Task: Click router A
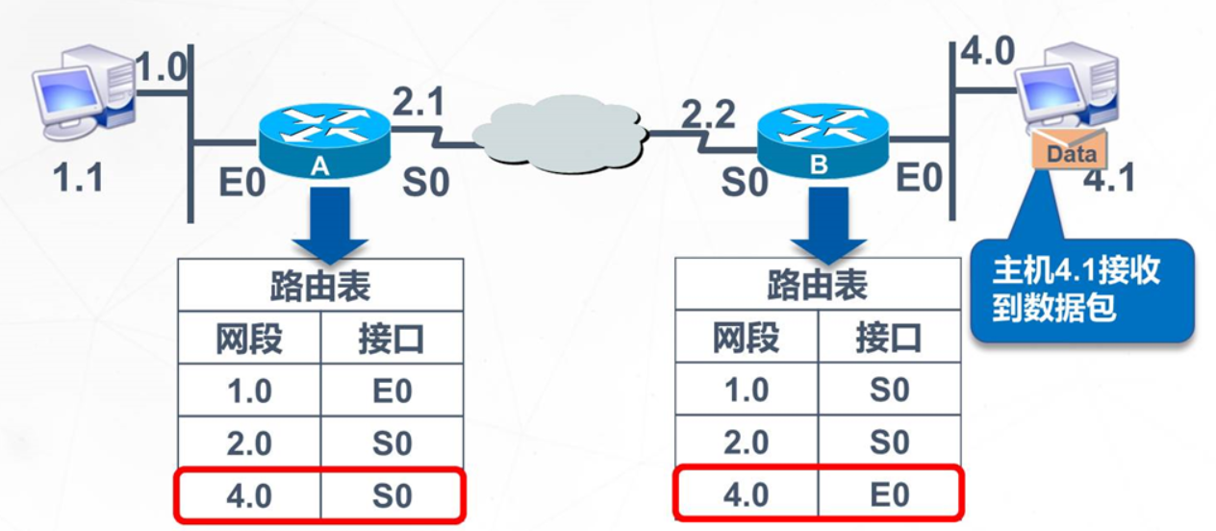(x=323, y=140)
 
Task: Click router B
(x=820, y=140)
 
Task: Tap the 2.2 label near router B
(x=707, y=114)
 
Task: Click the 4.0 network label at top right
(x=988, y=51)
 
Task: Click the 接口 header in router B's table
(x=887, y=338)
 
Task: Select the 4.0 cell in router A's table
(x=248, y=495)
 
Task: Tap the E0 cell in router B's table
(x=887, y=495)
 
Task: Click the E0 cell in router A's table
(x=391, y=391)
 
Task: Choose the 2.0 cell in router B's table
(x=746, y=442)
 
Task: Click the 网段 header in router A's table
(x=248, y=338)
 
